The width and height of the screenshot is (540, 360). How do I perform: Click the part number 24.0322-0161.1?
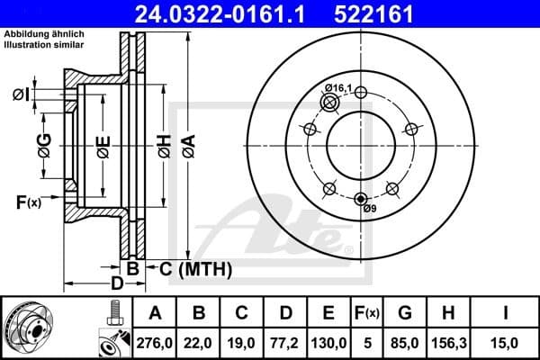click(232, 13)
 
